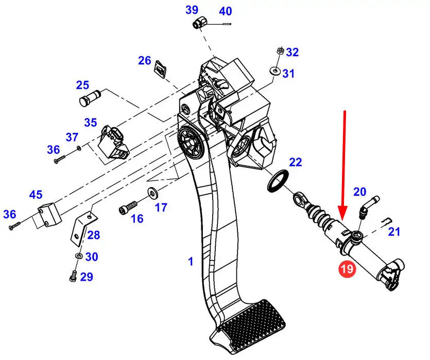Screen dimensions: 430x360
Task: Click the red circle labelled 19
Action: pyautogui.click(x=347, y=269)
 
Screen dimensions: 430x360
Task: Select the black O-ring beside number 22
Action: pyautogui.click(x=278, y=181)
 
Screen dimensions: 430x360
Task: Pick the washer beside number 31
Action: pyautogui.click(x=274, y=71)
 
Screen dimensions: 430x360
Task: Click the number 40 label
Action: pyautogui.click(x=226, y=11)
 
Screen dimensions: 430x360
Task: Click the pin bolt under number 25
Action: pyautogui.click(x=90, y=98)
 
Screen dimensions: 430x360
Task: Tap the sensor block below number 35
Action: pyautogui.click(x=114, y=142)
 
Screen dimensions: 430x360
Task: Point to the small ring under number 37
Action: pyautogui.click(x=79, y=148)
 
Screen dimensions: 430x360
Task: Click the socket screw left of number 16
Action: pyautogui.click(x=128, y=208)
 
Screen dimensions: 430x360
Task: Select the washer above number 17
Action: pyautogui.click(x=151, y=193)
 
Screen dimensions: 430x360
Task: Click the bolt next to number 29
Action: pyautogui.click(x=73, y=276)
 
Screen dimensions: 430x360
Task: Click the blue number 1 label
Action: pyautogui.click(x=191, y=261)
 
